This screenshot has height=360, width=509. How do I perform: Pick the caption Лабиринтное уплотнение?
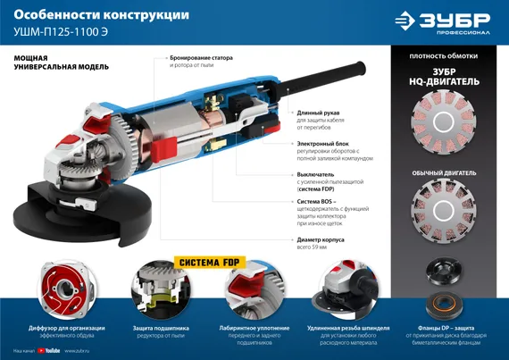[251, 331]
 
